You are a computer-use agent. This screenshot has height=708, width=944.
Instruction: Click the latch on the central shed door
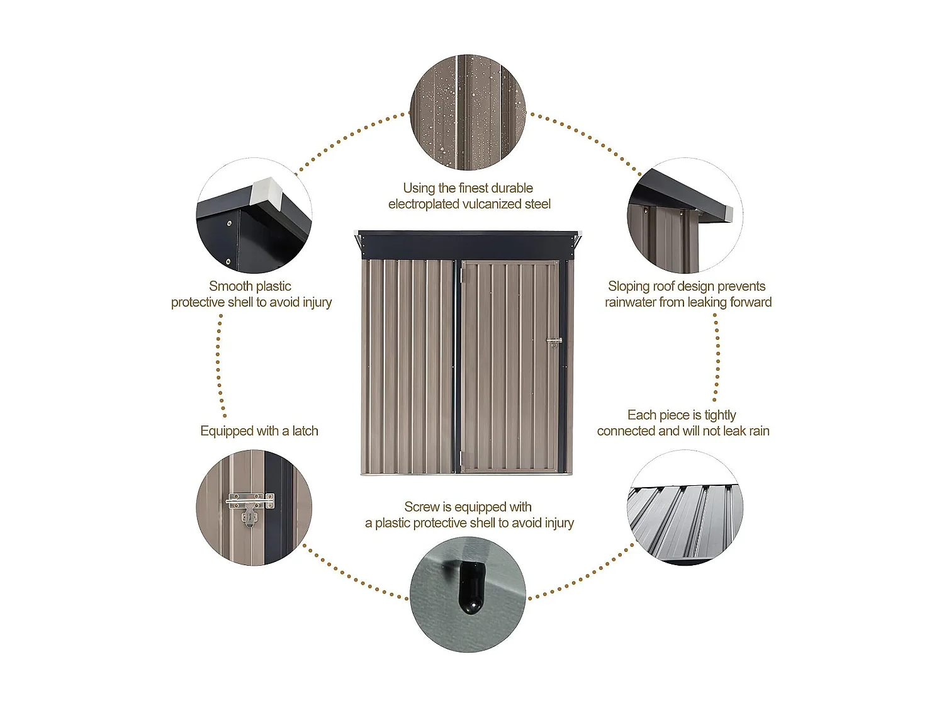tap(554, 342)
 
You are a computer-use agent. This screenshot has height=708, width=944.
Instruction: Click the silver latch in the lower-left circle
tap(250, 507)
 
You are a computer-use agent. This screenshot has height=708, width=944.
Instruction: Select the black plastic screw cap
tap(471, 587)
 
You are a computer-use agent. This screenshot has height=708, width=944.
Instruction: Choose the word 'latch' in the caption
tap(305, 430)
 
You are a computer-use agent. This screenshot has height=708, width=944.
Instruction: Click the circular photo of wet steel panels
tap(468, 112)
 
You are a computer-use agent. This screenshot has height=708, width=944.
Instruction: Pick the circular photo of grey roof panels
tap(685, 508)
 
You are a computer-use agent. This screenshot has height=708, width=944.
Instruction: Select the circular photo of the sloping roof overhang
tap(685, 215)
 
